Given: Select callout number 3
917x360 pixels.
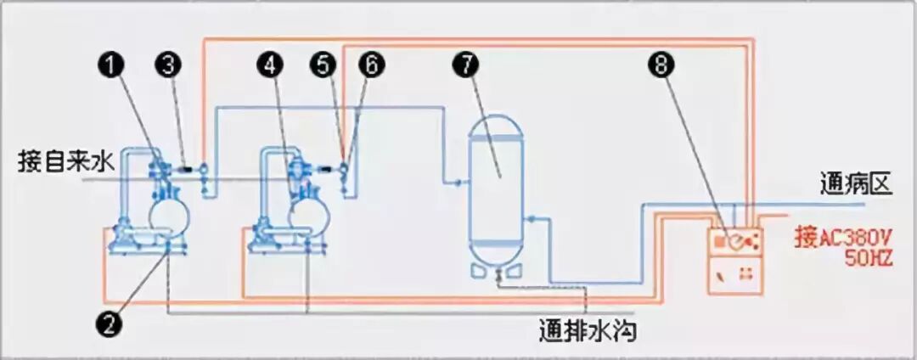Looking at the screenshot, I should click(x=170, y=65).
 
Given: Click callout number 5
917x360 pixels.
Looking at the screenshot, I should click(x=323, y=65).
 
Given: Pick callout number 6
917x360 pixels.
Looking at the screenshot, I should click(x=370, y=65).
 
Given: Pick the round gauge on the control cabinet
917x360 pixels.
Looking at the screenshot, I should click(x=738, y=241).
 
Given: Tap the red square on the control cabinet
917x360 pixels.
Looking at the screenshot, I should click(x=719, y=241).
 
